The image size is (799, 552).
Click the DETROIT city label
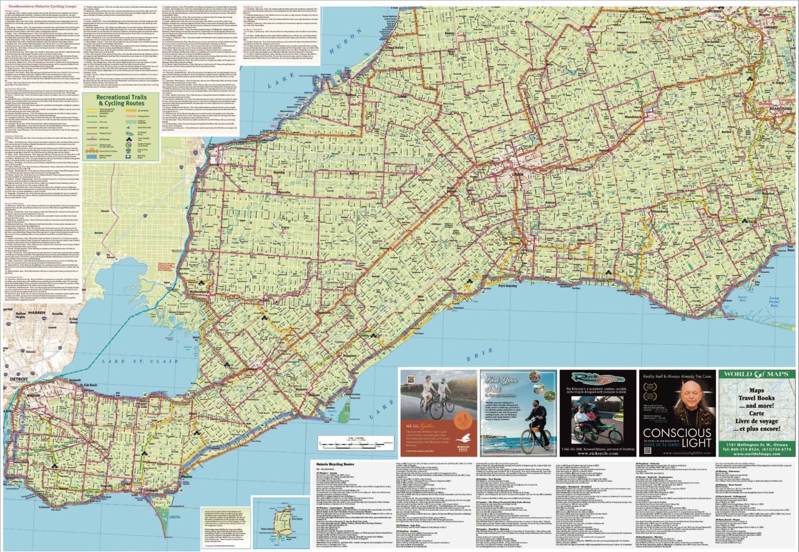point(19,378)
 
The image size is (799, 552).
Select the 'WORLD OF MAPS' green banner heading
point(757,378)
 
